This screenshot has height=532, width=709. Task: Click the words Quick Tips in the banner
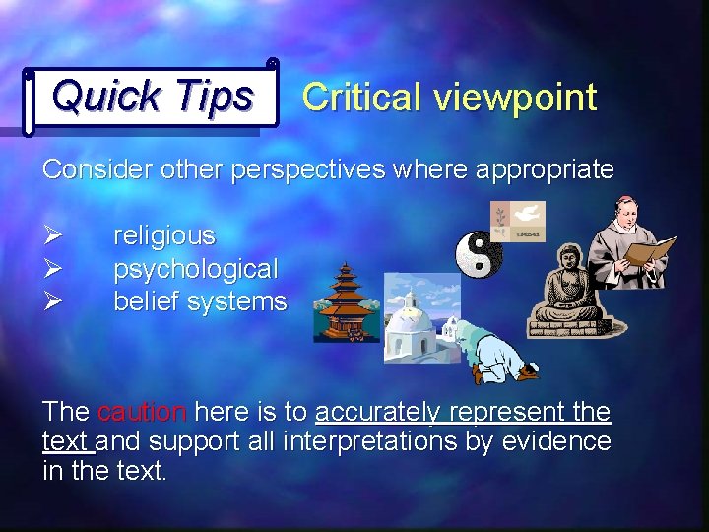pyautogui.click(x=153, y=96)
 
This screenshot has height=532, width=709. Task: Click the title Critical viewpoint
pyautogui.click(x=449, y=97)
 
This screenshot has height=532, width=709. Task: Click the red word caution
pyautogui.click(x=143, y=412)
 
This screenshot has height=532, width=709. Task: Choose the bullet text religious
pyautogui.click(x=164, y=235)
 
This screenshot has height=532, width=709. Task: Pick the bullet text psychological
pyautogui.click(x=196, y=268)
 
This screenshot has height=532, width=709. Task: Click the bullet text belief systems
pyautogui.click(x=200, y=301)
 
